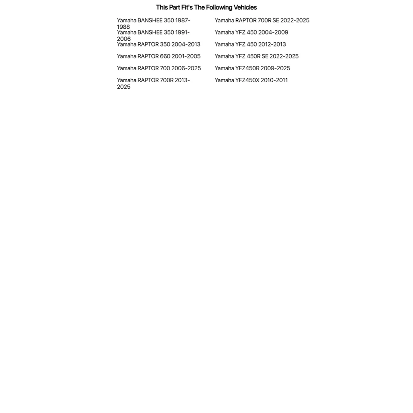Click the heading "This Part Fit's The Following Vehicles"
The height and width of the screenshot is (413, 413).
(206, 7)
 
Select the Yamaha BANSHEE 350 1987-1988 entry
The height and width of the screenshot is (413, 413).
(153, 23)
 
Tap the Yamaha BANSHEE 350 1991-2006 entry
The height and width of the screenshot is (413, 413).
(153, 35)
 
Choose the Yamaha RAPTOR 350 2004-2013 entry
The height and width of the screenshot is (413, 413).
(158, 44)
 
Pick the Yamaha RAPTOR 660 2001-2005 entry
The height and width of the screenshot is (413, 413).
(158, 56)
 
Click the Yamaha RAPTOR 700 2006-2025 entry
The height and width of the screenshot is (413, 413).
(159, 68)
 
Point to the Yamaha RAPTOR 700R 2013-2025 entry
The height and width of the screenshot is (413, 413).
(153, 83)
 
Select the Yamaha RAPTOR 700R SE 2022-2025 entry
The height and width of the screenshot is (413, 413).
(262, 20)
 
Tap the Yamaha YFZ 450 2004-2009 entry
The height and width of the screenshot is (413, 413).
(251, 32)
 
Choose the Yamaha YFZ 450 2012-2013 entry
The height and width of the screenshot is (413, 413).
(250, 44)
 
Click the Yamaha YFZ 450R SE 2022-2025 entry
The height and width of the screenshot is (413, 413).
(256, 56)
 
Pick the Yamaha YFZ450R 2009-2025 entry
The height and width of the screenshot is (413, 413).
(252, 68)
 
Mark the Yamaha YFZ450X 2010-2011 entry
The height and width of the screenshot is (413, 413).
(251, 80)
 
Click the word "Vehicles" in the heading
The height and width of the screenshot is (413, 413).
(245, 7)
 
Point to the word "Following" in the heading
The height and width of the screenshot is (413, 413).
(219, 7)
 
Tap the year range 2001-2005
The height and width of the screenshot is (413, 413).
(186, 56)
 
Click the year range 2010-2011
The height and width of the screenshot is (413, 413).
(274, 80)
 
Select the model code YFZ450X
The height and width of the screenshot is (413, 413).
(247, 80)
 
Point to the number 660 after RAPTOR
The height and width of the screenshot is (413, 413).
(165, 56)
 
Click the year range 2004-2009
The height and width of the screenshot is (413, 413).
(273, 32)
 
